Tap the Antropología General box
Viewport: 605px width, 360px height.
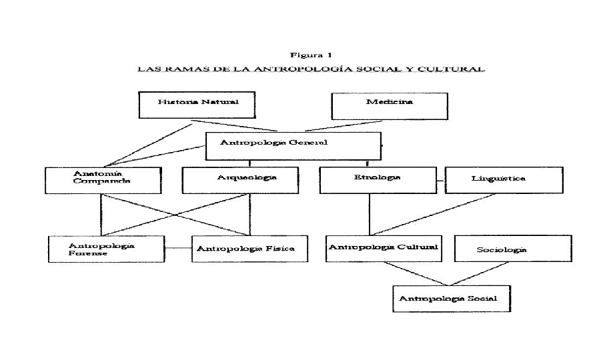(x=293, y=145)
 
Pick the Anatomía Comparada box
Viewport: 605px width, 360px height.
(x=103, y=180)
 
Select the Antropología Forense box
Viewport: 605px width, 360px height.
(x=107, y=249)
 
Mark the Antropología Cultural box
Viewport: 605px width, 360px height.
(x=383, y=249)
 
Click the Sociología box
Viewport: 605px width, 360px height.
(x=512, y=249)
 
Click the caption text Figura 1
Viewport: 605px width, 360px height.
(x=311, y=55)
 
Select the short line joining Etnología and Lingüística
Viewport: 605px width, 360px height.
(x=440, y=181)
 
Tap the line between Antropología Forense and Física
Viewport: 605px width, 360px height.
(x=178, y=249)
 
